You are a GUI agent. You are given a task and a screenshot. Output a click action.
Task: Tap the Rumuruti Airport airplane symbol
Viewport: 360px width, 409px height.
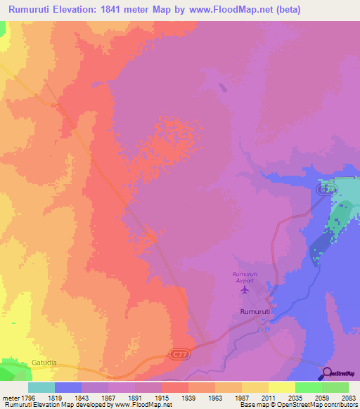tap(245, 289)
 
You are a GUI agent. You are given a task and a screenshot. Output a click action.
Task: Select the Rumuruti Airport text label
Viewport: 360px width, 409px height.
tap(245, 277)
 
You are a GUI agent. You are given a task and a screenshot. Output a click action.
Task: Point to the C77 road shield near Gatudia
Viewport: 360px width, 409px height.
tap(177, 356)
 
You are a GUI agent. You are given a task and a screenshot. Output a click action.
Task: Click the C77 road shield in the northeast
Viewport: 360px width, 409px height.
tap(325, 190)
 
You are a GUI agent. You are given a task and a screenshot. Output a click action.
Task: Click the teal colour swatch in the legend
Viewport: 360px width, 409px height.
tap(41, 387)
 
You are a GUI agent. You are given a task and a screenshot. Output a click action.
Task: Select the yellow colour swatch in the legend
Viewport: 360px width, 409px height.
tap(281, 387)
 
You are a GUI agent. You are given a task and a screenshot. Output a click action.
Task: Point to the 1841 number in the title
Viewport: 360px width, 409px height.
tap(115, 10)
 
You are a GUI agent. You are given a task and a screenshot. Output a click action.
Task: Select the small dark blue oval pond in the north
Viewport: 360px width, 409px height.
tap(223, 88)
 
